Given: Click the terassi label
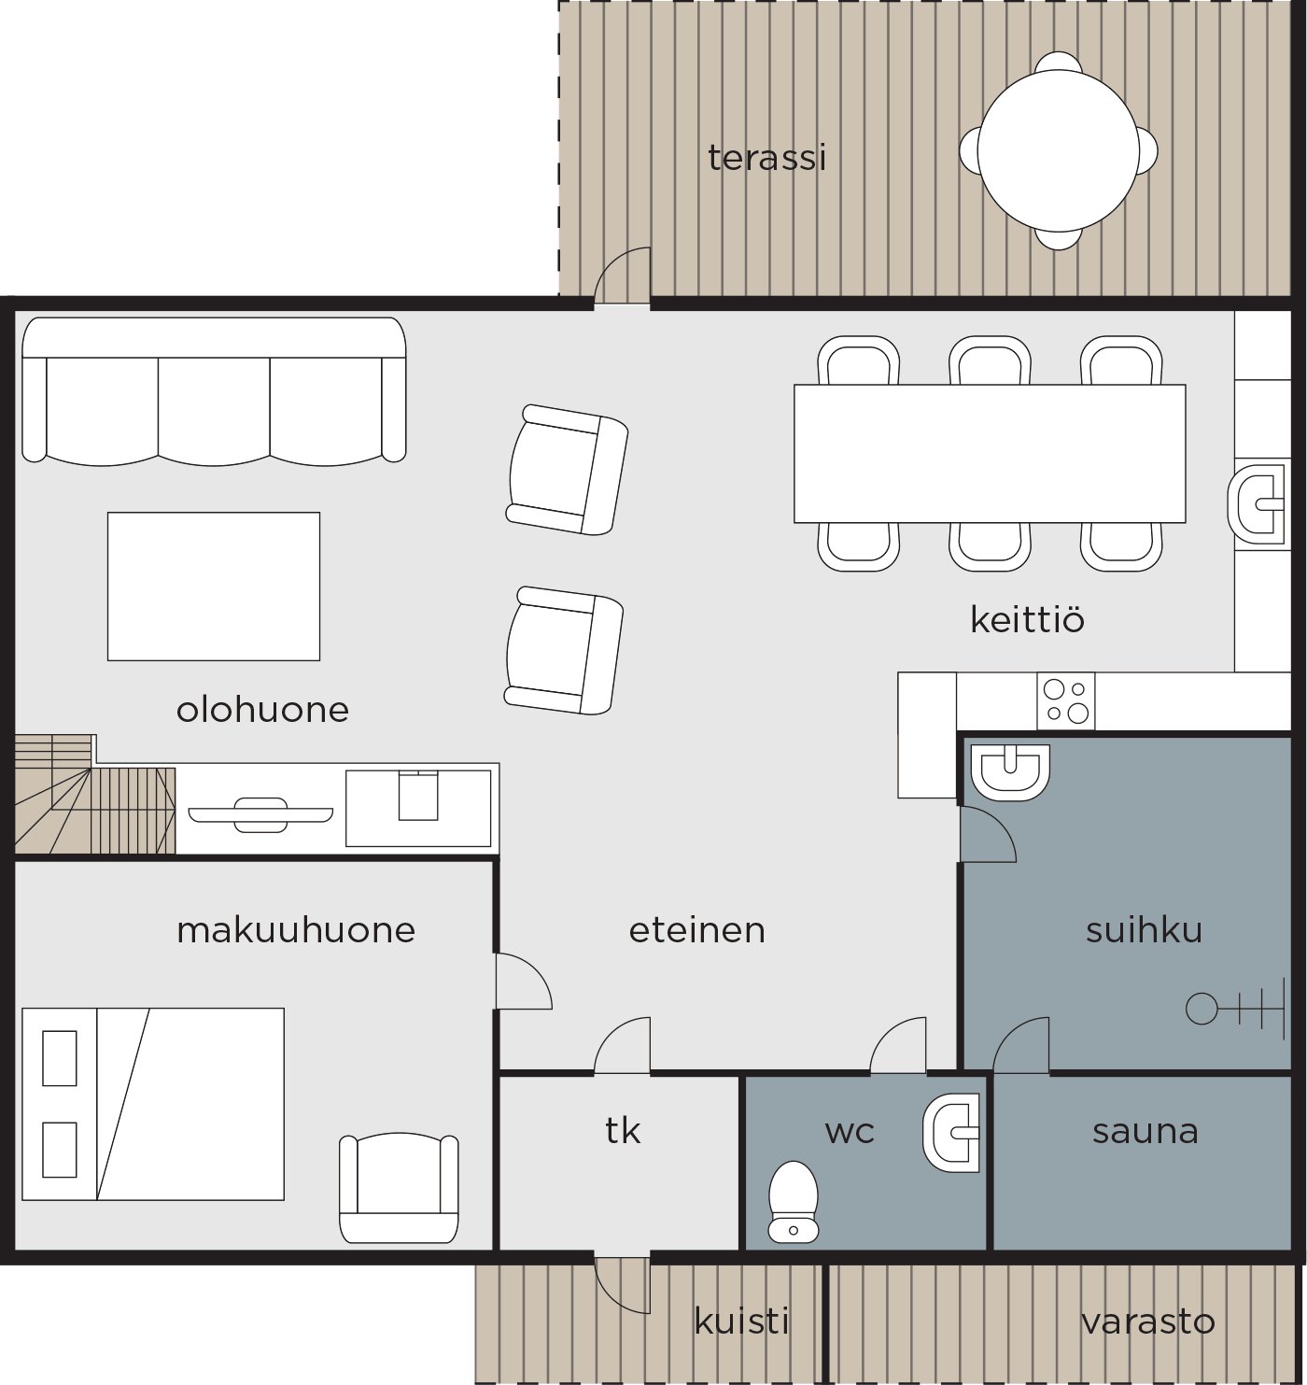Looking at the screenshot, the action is [x=766, y=158].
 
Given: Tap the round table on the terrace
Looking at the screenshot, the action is [x=1058, y=150].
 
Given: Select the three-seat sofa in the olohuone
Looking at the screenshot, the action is [x=214, y=391].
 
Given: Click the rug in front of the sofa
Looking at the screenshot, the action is [x=214, y=587].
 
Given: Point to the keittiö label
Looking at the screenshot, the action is [x=1027, y=619].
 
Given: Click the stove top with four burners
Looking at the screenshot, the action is [x=1066, y=700].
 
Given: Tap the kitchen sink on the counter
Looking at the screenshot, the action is [x=1256, y=503].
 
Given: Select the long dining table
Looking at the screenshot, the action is [x=990, y=453].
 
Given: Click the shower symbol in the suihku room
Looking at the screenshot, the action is [x=1234, y=1008].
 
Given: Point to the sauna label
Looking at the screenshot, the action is [x=1145, y=1131].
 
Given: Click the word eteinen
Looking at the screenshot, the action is [x=696, y=929].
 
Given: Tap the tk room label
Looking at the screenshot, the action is [x=622, y=1131].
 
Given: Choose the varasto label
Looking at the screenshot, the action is [x=1148, y=1321].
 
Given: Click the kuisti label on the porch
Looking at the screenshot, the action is [x=742, y=1321].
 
